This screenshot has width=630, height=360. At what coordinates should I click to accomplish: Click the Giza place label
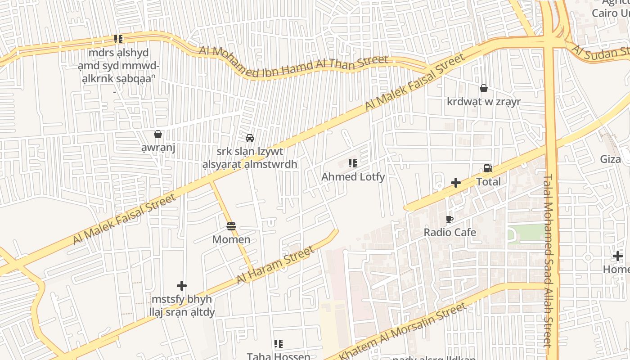click(x=610, y=159)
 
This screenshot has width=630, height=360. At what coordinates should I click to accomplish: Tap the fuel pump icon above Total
click(x=488, y=169)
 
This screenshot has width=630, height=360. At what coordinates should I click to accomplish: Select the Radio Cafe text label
click(x=450, y=233)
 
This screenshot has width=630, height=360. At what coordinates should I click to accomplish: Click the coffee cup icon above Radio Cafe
click(x=449, y=220)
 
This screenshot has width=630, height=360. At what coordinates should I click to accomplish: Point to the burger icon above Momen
click(x=231, y=226)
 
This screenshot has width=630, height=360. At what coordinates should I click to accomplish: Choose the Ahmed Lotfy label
click(x=353, y=177)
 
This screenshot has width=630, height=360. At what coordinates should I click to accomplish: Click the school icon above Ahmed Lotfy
click(x=353, y=163)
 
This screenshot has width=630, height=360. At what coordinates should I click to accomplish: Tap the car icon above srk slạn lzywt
click(x=250, y=138)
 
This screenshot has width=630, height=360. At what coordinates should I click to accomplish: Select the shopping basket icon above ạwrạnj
click(x=158, y=134)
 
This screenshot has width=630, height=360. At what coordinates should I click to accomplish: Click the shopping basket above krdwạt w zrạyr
click(x=483, y=88)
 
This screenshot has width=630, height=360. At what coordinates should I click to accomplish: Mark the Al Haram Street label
click(x=275, y=265)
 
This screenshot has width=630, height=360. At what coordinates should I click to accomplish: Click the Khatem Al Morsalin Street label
click(x=403, y=331)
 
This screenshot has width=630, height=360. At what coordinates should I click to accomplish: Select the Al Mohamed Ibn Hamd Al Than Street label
click(x=293, y=63)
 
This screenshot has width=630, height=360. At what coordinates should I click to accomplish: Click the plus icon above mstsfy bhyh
click(x=182, y=286)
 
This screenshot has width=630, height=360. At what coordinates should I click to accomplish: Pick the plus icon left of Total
click(x=456, y=183)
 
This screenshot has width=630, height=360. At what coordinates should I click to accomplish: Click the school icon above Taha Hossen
click(x=279, y=344)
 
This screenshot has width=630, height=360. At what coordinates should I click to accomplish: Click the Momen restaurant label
click(x=231, y=239)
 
